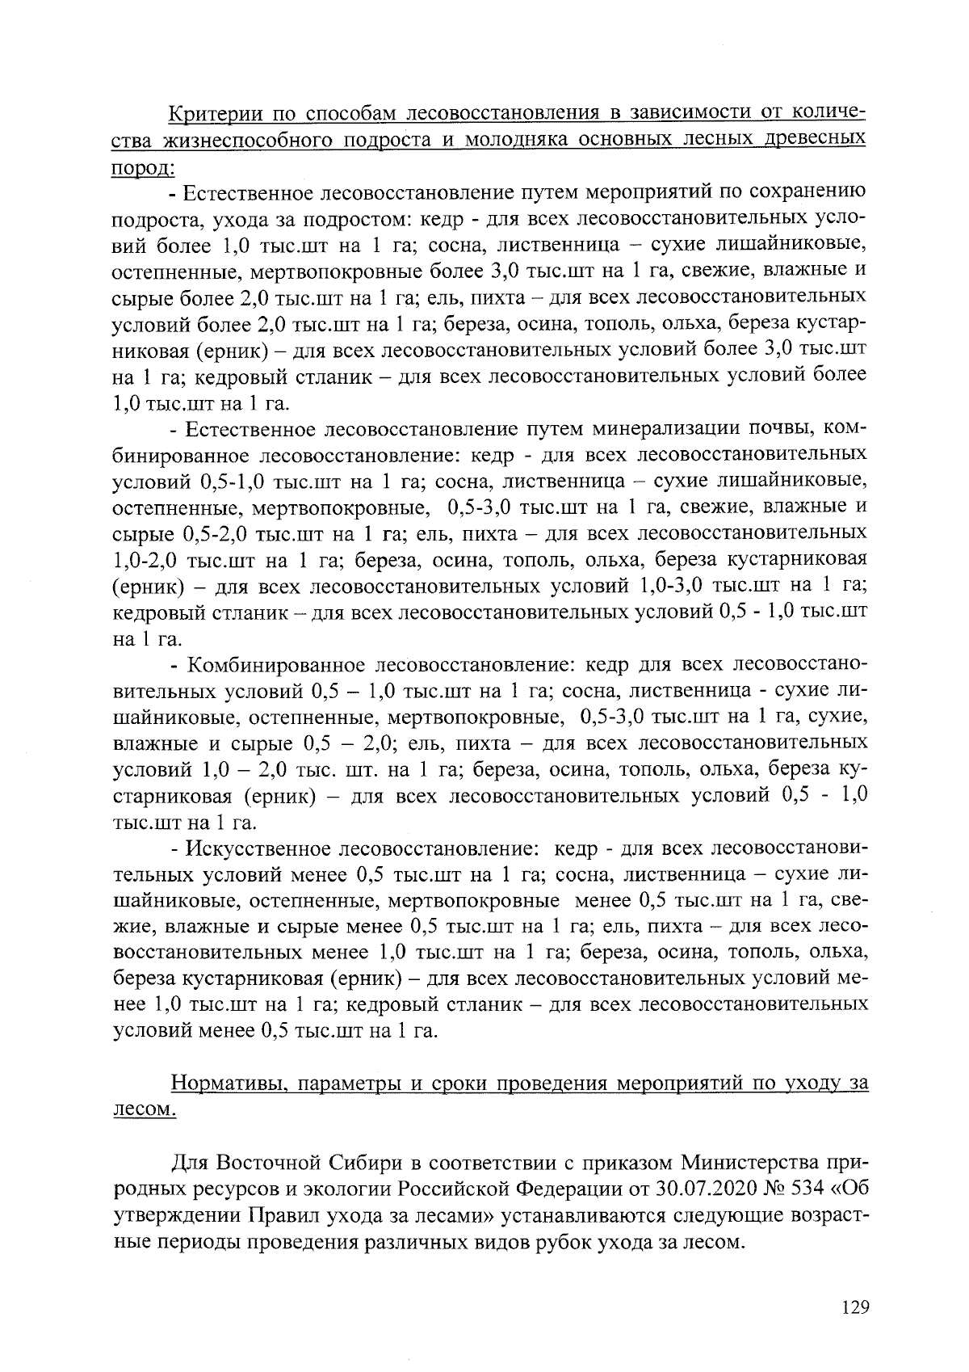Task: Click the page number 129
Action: pos(853,1307)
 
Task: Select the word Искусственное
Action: pos(259,848)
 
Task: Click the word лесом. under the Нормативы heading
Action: pos(142,1110)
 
